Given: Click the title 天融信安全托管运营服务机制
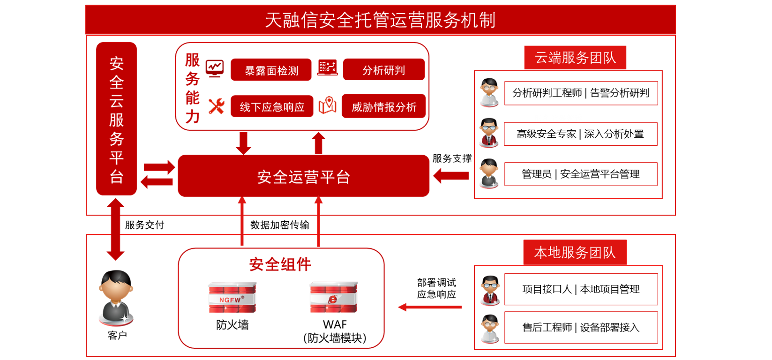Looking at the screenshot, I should click(380, 20).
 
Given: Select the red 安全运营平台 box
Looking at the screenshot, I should click(303, 176).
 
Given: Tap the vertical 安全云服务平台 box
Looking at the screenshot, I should click(116, 119).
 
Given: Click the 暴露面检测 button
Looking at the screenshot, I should click(271, 70).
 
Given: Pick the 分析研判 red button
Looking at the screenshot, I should click(383, 70).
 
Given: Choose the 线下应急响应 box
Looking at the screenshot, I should click(272, 107).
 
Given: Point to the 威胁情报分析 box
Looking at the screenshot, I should click(383, 106).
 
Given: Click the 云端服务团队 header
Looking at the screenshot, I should click(575, 58).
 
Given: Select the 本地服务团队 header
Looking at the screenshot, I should click(575, 253).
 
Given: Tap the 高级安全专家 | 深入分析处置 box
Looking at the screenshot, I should click(580, 134).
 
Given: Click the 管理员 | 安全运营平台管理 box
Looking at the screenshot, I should click(580, 174).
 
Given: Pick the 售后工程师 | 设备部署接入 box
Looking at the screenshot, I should click(581, 327).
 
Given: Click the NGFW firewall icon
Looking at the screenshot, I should click(232, 298).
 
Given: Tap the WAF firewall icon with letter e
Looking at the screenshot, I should click(334, 298).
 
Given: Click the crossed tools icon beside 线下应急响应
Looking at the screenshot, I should click(216, 106).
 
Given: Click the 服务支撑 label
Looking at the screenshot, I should click(452, 158).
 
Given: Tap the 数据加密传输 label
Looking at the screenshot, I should click(280, 225).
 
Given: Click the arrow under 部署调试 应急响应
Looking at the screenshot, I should click(430, 307).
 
